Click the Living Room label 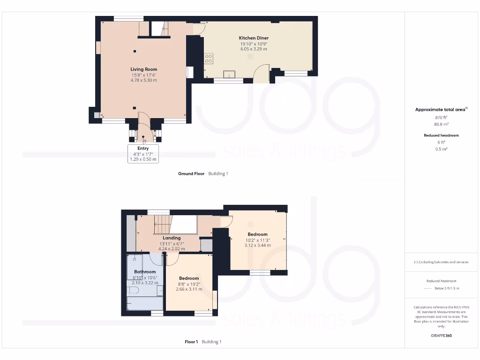(x=143, y=69)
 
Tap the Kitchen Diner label (x=254, y=38)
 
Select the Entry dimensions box (x=143, y=154)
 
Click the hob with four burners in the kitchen (x=209, y=59)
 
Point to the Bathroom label (x=145, y=272)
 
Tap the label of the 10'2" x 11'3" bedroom (x=257, y=234)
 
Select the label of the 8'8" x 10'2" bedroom (x=189, y=278)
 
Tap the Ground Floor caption (x=191, y=174)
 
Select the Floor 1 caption (x=191, y=342)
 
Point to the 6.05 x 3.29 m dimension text (x=254, y=49)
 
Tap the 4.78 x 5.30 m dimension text (x=143, y=80)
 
